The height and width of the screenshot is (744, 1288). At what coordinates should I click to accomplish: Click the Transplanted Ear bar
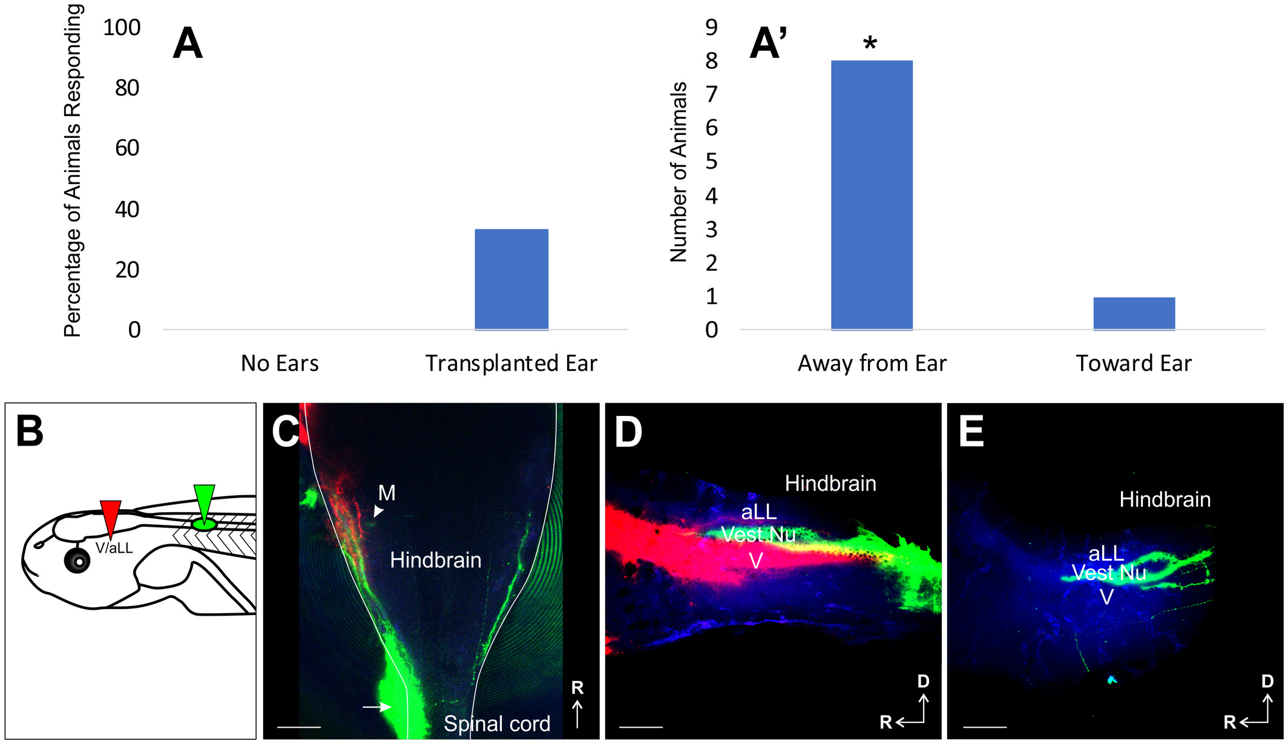coord(511,279)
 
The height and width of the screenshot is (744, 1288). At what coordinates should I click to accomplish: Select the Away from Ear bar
coord(872,195)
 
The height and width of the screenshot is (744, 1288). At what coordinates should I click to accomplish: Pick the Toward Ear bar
coord(1134,313)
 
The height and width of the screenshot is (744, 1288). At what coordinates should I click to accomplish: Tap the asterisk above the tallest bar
coord(870,44)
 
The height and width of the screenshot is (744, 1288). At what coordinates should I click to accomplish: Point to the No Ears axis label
coord(280,363)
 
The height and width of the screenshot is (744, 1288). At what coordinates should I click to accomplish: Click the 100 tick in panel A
coord(122,28)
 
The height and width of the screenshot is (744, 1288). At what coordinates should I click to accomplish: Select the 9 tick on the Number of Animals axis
coord(711,27)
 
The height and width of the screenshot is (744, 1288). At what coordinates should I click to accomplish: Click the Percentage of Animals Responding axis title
coord(73,171)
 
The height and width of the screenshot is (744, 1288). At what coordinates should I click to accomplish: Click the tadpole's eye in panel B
coord(77,561)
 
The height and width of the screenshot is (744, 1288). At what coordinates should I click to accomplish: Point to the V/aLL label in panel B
coord(114,548)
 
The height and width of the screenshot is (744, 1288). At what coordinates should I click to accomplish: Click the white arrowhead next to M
coord(378,512)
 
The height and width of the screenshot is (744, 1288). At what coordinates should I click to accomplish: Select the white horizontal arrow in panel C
coord(377,706)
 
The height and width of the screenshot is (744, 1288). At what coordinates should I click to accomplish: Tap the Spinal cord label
coord(497,723)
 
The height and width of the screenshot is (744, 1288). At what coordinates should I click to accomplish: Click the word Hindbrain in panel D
coord(830,483)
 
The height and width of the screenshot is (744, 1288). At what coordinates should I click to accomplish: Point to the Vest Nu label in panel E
coord(1109,573)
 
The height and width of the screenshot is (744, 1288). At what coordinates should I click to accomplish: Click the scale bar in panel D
coord(641,726)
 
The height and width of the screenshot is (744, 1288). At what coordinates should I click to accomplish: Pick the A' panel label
coord(768,44)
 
